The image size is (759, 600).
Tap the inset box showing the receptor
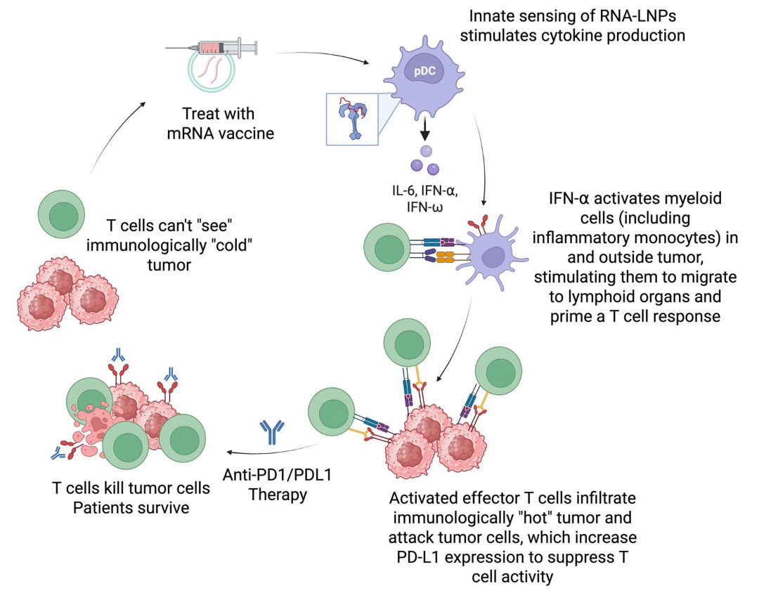click(352, 118)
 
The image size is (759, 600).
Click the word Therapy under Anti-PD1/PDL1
click(278, 494)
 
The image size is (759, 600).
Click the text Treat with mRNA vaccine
click(219, 122)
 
